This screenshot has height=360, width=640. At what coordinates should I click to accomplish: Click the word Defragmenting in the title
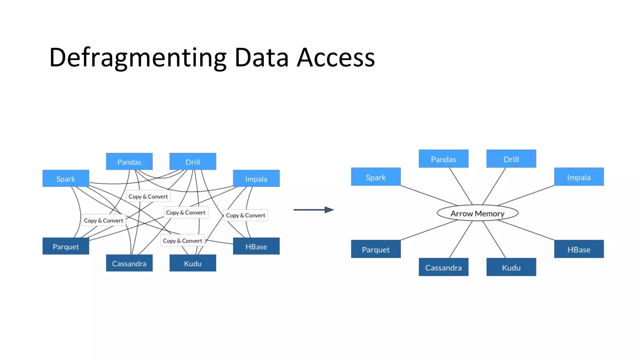(x=137, y=58)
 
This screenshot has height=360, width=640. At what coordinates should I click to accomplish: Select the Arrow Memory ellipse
(x=477, y=213)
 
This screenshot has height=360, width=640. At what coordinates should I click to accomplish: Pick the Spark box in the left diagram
(x=66, y=178)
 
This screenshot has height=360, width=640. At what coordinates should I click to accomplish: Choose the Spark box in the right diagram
(x=376, y=177)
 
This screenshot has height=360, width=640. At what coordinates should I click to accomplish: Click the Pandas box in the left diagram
(x=129, y=162)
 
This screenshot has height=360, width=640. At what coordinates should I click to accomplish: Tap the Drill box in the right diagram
(x=511, y=159)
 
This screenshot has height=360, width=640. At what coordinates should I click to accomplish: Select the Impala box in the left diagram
(x=256, y=178)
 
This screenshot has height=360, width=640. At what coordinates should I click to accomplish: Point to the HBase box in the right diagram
(x=579, y=249)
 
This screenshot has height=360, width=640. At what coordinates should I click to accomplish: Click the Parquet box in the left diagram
(x=66, y=246)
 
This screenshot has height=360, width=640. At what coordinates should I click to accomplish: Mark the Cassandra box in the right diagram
(x=443, y=267)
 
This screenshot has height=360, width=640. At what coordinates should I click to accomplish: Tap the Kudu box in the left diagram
(x=192, y=263)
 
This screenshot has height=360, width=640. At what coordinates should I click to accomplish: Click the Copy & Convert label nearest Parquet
(x=103, y=220)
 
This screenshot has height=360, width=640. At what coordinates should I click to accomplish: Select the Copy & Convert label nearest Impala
(x=245, y=215)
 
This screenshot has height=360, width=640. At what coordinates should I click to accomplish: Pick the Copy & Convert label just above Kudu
(x=182, y=241)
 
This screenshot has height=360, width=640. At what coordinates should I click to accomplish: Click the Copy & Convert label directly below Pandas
(x=148, y=197)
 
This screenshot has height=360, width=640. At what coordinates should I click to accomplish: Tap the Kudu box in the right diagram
(x=511, y=267)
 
